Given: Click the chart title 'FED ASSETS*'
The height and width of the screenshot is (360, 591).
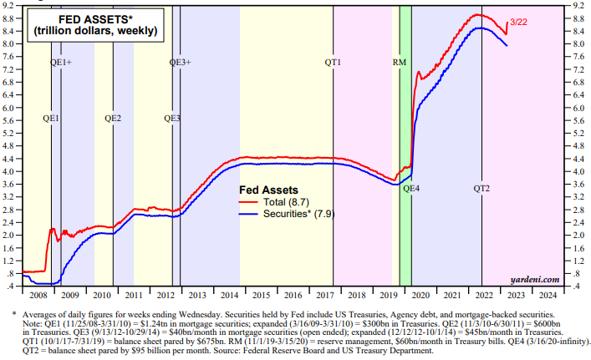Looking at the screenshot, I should pos(91,18).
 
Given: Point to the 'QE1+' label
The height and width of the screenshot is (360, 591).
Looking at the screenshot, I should pos(61,63).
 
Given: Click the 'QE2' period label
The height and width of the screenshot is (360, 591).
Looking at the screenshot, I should pos(113,119).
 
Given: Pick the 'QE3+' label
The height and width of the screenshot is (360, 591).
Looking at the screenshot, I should pos(181,63).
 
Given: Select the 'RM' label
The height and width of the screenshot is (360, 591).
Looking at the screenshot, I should pos(400,63).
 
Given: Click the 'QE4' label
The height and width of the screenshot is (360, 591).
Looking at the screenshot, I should pos(411,189).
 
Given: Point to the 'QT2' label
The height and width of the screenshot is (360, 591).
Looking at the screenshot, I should pos(482,189).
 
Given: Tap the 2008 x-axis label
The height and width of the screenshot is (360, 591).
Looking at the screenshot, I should pos(37,295).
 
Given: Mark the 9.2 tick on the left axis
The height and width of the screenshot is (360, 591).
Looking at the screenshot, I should pos(11,5).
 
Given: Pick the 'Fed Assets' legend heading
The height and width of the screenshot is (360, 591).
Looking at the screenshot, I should pos(268,190).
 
